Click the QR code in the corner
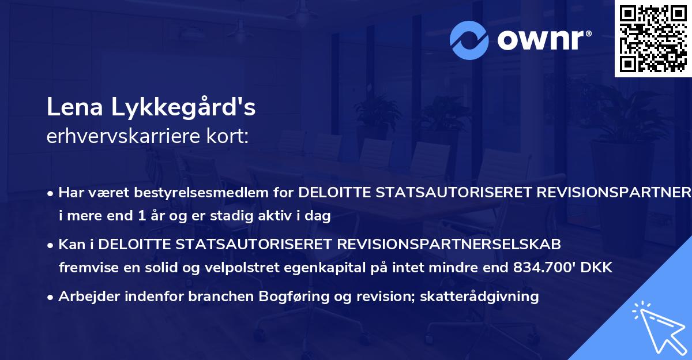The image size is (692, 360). click(653, 38)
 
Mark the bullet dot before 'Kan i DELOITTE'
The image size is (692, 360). click(51, 245)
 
